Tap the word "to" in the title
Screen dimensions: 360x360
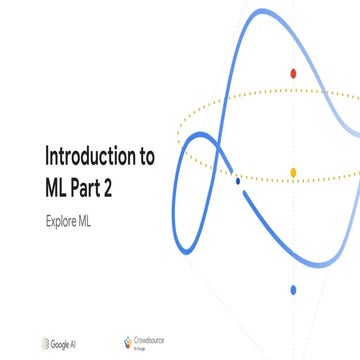[145, 157]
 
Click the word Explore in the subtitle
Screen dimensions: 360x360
[63, 217]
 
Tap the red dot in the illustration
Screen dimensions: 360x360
[293, 73]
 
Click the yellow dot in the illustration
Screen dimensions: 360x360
[293, 172]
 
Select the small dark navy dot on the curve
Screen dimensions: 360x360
[237, 181]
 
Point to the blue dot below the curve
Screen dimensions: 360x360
[293, 290]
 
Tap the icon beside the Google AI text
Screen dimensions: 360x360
[49, 343]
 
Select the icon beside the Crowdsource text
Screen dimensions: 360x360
[127, 342]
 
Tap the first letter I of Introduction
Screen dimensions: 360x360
[48, 157]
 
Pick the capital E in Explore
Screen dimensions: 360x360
[48, 217]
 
